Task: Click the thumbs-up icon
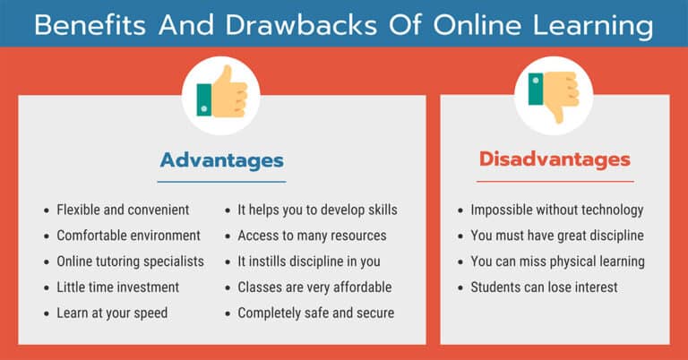coord(220,94)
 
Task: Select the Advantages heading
coord(221,161)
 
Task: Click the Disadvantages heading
coord(555,160)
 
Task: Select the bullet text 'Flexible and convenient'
coord(123,210)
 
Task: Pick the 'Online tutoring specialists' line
coord(130,261)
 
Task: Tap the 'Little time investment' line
coord(117,287)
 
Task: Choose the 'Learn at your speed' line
coord(112,313)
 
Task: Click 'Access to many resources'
coord(312,236)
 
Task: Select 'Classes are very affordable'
coord(314,287)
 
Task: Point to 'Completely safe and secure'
coord(315,313)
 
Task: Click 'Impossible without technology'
coord(556,210)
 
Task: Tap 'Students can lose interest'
coord(544,287)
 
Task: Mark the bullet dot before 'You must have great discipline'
coord(460,236)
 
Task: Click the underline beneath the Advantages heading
coord(221,182)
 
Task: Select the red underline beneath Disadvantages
coord(555,181)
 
